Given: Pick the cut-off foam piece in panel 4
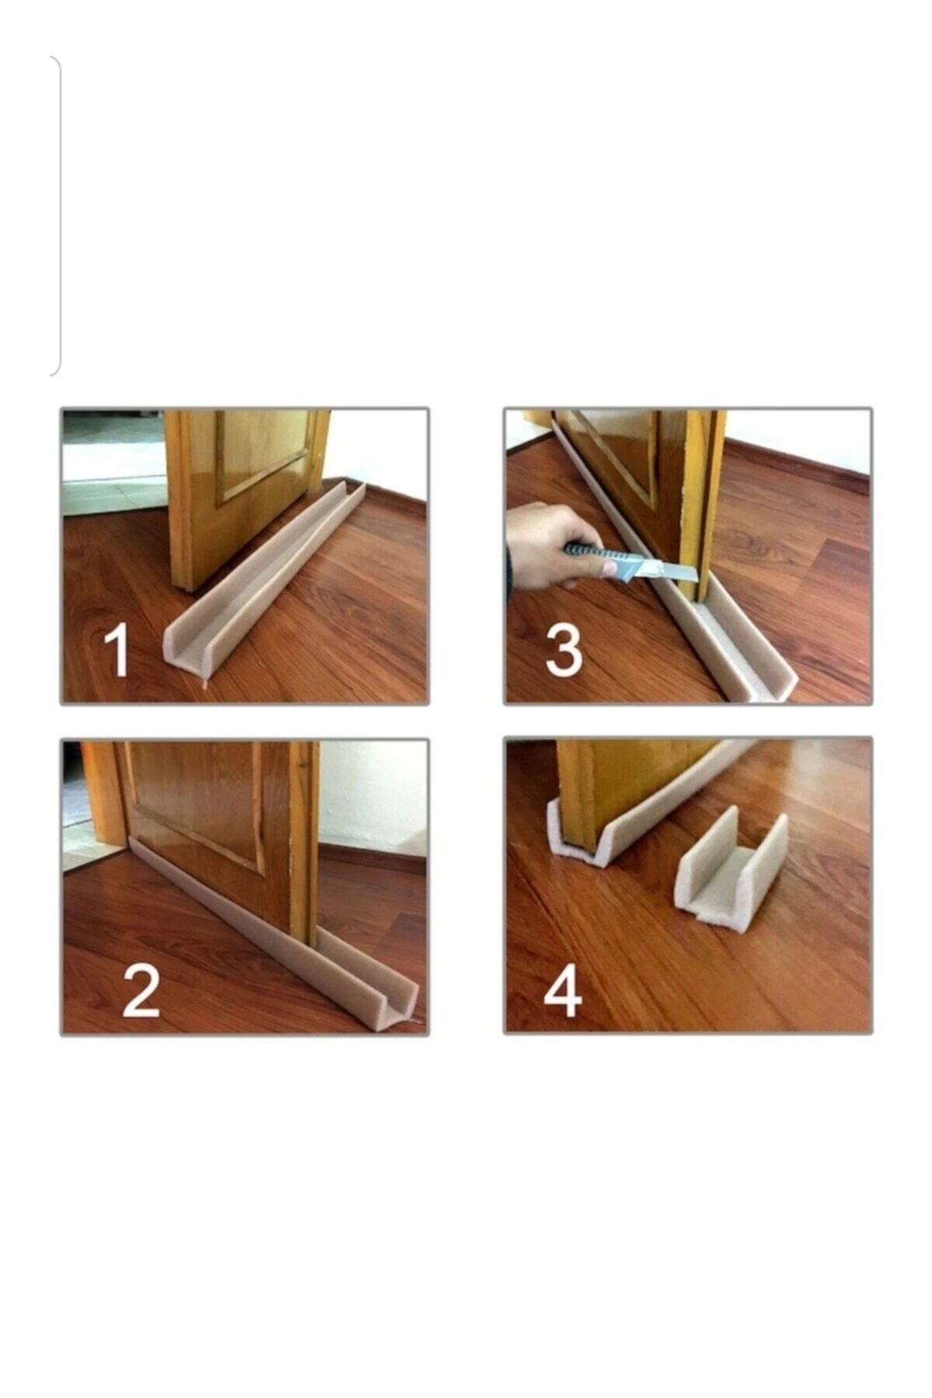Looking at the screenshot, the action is pyautogui.click(x=730, y=870).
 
